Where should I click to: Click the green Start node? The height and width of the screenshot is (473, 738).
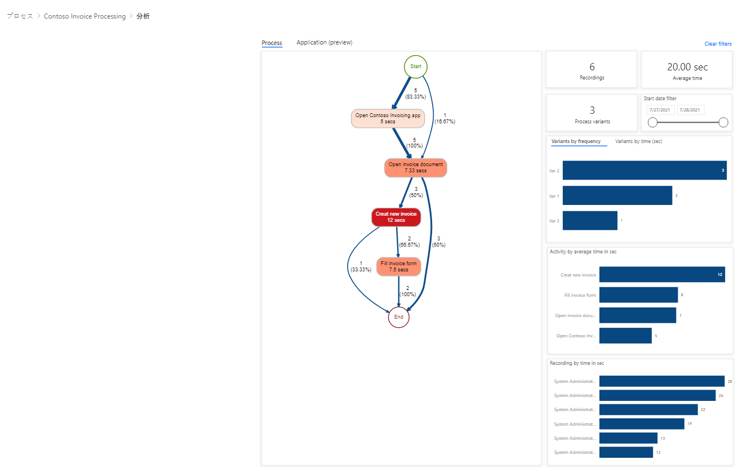click(415, 66)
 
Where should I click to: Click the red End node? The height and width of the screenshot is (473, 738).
click(399, 317)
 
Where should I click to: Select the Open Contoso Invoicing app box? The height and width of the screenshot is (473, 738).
click(388, 118)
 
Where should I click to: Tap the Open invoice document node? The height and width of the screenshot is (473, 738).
click(415, 168)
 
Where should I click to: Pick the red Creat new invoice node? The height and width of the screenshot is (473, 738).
click(396, 217)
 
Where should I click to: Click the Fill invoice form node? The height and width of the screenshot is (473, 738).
click(399, 266)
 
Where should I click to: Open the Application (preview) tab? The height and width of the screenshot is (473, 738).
click(324, 42)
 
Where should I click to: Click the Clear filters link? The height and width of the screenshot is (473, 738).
click(718, 44)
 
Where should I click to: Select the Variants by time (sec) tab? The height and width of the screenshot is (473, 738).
click(638, 141)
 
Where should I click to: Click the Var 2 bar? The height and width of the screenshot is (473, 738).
click(644, 170)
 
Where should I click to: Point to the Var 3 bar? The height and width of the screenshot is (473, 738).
click(590, 220)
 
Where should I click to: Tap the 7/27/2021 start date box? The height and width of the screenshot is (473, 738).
click(660, 110)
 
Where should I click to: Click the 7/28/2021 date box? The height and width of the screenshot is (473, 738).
click(690, 110)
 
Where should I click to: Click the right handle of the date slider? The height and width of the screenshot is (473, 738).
click(723, 123)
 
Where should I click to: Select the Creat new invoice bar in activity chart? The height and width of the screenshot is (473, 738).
click(662, 274)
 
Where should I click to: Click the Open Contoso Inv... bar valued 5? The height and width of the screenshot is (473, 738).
click(625, 336)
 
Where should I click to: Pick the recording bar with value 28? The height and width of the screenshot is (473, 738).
click(661, 381)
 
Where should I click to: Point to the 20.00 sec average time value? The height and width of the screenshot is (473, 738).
click(687, 67)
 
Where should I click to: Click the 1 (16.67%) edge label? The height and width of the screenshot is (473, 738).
click(445, 118)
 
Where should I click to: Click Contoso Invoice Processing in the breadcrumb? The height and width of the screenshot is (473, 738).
click(85, 16)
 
